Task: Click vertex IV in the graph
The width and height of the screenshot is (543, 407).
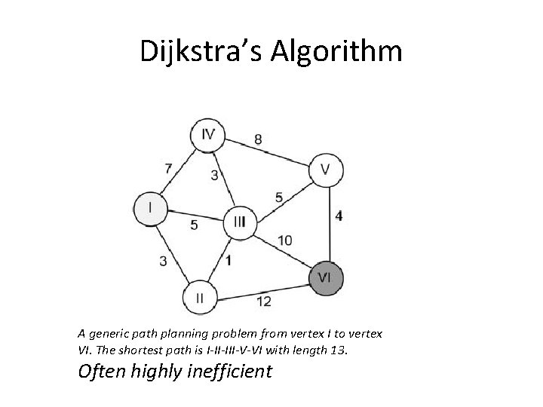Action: (x=208, y=135)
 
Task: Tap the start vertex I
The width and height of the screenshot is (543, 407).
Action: (x=150, y=207)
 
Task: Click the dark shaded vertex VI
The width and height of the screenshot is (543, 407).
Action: (x=325, y=277)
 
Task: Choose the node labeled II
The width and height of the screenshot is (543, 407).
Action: (x=200, y=298)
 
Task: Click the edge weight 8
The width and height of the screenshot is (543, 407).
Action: (x=259, y=139)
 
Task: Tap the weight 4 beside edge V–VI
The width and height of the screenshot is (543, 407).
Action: (x=339, y=216)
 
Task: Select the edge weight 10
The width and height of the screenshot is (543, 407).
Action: (x=284, y=240)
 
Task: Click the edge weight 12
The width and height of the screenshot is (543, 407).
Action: (x=264, y=301)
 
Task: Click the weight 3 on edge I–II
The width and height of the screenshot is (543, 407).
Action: (x=163, y=261)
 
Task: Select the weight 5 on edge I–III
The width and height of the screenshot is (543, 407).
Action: (x=194, y=225)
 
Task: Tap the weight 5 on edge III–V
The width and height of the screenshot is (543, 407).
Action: (x=279, y=197)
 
